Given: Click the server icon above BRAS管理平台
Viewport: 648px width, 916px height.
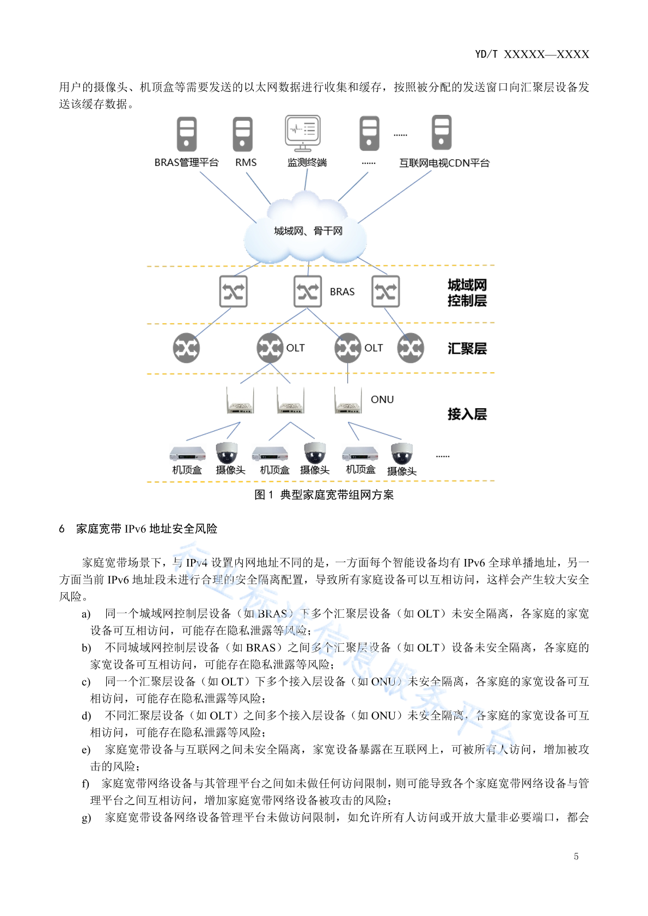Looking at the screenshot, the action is [187, 134].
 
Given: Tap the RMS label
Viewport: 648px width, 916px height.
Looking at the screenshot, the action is [246, 163].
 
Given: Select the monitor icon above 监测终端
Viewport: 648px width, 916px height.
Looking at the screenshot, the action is [303, 133].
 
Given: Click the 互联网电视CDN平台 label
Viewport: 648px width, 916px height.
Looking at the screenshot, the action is [444, 163].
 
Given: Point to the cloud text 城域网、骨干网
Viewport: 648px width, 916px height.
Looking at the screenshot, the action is [308, 231].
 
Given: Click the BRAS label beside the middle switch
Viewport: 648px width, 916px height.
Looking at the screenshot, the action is [342, 292].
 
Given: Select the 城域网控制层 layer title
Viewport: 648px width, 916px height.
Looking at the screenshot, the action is [467, 293].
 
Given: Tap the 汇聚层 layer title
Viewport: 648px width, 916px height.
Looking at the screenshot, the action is [467, 348].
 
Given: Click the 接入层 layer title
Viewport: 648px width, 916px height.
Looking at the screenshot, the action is [467, 414].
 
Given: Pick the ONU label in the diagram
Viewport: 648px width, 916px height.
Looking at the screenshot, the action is [382, 399].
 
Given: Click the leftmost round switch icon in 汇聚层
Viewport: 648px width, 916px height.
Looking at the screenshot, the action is [186, 348].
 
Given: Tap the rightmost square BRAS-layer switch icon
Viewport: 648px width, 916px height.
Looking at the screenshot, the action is [386, 292].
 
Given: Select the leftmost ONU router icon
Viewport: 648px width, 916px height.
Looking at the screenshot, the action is [240, 401].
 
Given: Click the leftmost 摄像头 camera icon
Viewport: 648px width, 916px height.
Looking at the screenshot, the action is [227, 453].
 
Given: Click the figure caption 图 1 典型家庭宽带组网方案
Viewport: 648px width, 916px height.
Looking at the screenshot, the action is [323, 495].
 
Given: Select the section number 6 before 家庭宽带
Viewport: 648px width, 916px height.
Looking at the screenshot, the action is [62, 528].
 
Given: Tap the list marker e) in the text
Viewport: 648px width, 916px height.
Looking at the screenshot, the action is [86, 750].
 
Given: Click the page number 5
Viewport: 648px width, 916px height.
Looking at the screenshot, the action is [576, 857].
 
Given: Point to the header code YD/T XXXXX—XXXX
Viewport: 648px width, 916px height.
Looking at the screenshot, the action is [532, 54].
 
